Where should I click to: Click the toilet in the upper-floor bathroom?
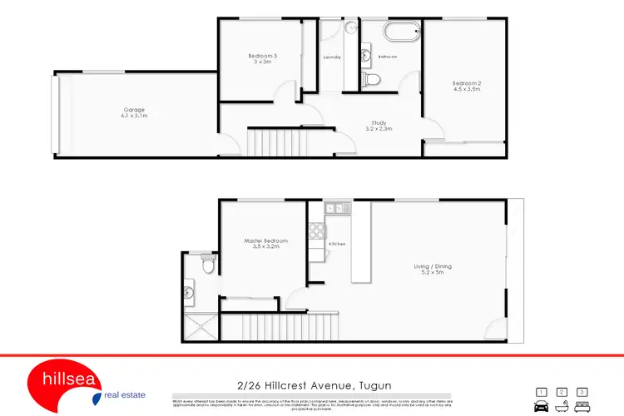[x=373, y=79]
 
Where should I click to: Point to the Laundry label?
[x=333, y=57]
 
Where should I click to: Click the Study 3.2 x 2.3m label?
[x=379, y=126]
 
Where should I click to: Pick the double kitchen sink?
[x=335, y=208]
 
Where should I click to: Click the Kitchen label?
[x=337, y=244]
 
